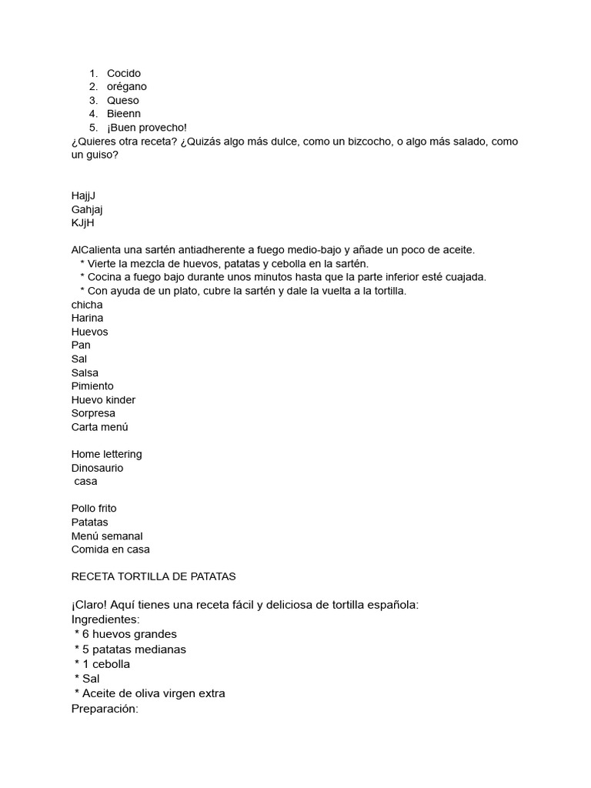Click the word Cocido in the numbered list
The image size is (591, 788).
tap(124, 73)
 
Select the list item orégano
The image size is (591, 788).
tap(126, 87)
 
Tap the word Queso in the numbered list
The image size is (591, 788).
tap(123, 100)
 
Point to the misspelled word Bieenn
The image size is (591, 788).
tap(124, 114)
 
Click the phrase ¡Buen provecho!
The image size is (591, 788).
tap(147, 127)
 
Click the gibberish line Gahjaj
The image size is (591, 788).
tap(87, 209)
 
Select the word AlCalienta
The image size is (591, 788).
tap(96, 250)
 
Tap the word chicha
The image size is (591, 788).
tap(87, 305)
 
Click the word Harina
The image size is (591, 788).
tap(87, 318)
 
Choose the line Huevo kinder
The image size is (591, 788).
tap(103, 399)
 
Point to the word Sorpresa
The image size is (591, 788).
tap(93, 413)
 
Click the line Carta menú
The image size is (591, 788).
tap(100, 427)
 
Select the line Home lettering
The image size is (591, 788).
tap(106, 454)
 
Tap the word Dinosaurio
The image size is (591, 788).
tap(97, 468)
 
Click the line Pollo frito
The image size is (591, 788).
tap(94, 509)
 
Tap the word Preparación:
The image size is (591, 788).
tap(105, 708)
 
